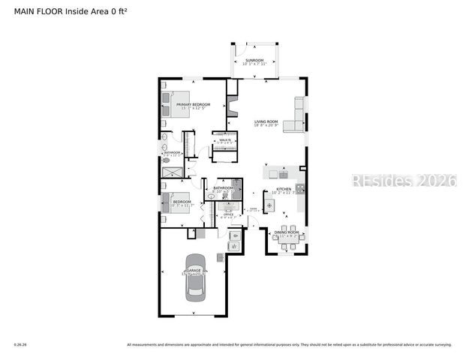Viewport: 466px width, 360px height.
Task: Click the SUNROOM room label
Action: coord(254,60)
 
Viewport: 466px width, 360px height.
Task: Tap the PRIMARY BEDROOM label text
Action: coord(193,104)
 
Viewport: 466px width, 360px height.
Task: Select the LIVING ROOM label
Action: coord(266,121)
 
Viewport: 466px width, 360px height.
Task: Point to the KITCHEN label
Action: coord(284,189)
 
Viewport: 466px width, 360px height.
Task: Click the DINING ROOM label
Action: coord(286,233)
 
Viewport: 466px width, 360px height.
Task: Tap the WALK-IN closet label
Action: coord(224,139)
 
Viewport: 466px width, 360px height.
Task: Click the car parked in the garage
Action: coord(194,278)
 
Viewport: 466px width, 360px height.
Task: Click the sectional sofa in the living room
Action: coord(299,112)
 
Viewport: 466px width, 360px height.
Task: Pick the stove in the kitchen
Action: coord(299,189)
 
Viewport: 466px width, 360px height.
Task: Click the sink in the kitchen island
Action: coord(275,172)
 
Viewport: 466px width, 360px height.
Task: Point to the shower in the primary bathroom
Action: coord(171,172)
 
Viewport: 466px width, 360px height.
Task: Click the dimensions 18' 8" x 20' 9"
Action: coord(266,126)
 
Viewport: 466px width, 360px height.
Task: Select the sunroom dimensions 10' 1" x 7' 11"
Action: coord(254,64)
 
